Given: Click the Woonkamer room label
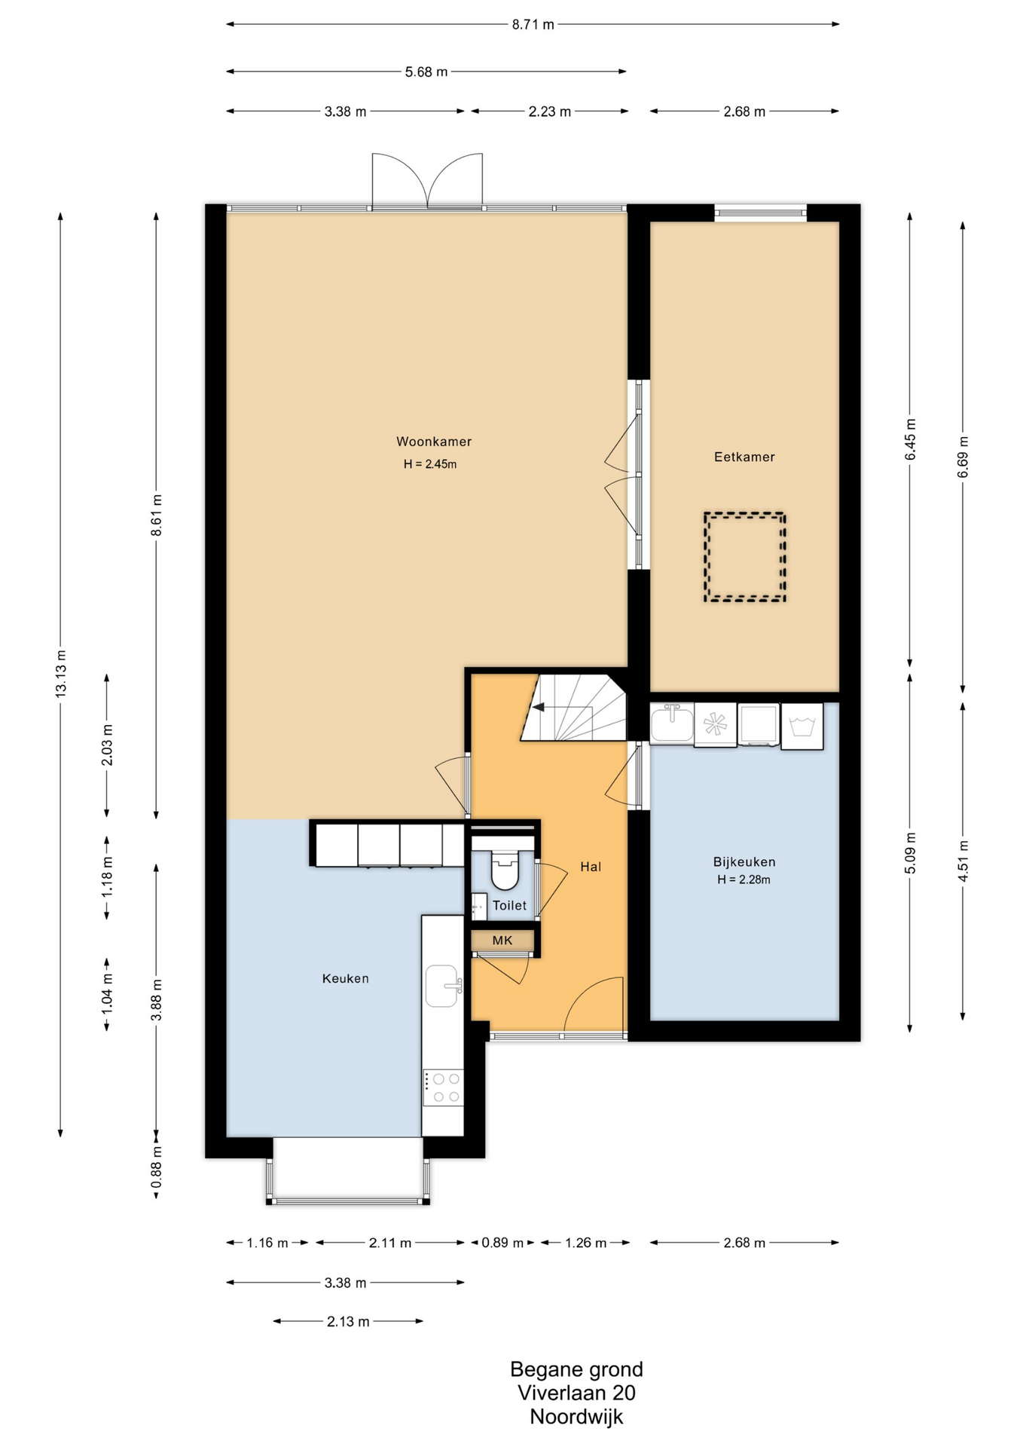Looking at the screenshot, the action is tap(434, 442).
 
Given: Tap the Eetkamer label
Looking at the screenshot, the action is tap(744, 457).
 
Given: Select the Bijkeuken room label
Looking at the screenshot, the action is tap(744, 861).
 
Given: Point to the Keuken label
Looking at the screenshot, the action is tap(346, 978).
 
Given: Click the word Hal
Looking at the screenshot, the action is tap(591, 867).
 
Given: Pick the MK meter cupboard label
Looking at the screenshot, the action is tap(502, 941).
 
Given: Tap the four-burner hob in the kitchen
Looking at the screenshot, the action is tap(443, 1088).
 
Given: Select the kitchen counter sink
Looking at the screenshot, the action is tap(443, 986).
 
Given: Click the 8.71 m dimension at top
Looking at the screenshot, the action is tap(533, 24).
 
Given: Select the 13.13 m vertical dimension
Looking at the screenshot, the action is tap(61, 673).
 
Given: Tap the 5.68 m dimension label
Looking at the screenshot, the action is tap(426, 72).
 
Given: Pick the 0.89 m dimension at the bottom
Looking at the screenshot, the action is tap(502, 1243).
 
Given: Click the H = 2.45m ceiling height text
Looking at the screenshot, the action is tap(430, 464).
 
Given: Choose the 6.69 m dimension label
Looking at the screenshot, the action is tap(963, 457).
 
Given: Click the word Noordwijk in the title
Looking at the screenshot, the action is tap(576, 1416).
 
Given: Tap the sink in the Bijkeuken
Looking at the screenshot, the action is tap(672, 723).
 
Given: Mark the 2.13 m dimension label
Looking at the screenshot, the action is tap(348, 1321).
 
